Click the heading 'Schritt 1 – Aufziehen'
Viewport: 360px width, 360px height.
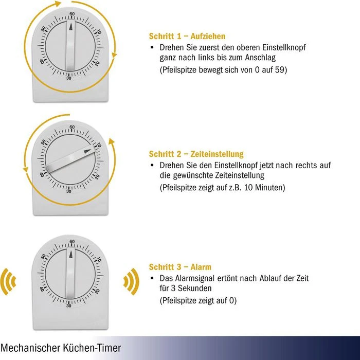pos(187,37)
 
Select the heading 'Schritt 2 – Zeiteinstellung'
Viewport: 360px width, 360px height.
pos(196,154)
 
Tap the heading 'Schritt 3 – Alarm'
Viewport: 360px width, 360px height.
pos(180,267)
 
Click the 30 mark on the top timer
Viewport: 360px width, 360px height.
pos(69,78)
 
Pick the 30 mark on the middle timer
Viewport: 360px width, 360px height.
pos(69,191)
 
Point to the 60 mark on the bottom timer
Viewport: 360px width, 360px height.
pos(71,241)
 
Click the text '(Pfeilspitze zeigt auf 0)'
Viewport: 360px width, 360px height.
pos(198,300)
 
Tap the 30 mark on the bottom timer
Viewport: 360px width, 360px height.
pos(69,305)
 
